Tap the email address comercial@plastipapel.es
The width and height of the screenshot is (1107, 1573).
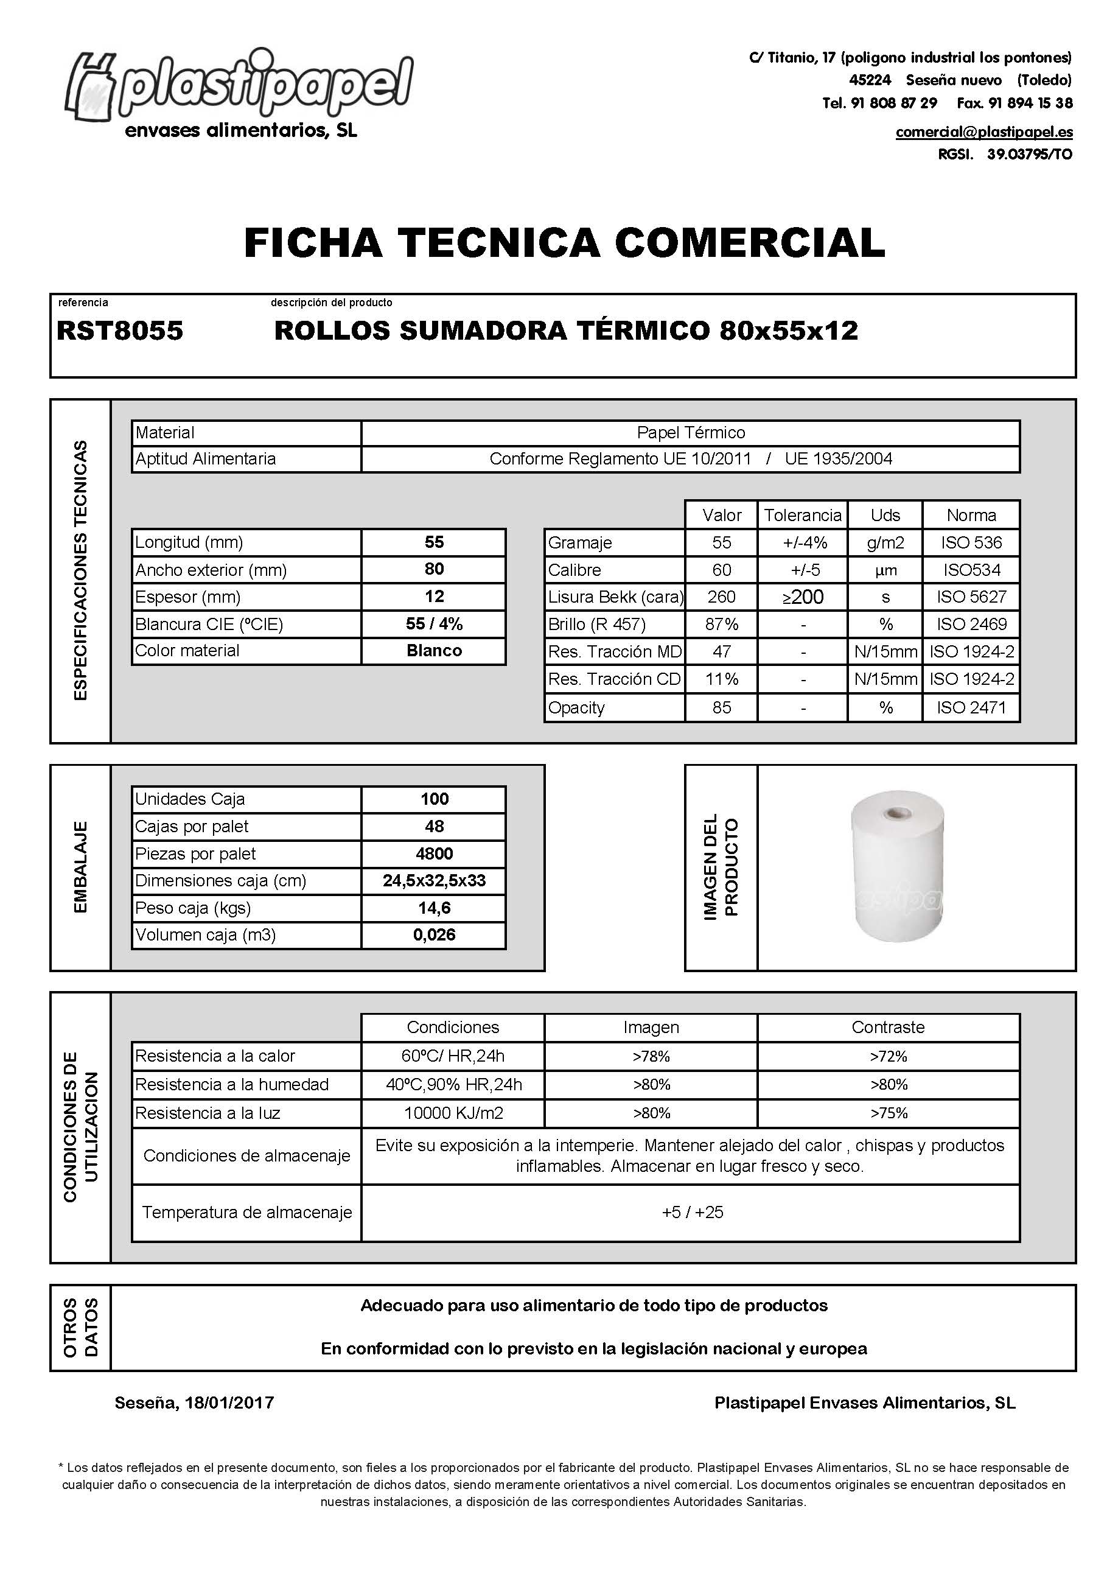pos(983,131)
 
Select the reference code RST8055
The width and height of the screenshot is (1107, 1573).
pos(120,331)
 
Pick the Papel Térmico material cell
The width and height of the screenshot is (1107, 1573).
pos(691,432)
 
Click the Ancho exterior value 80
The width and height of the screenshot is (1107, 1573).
pos(434,569)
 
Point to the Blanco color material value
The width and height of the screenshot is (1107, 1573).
pos(434,650)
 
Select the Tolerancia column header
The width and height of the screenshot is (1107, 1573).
pos(802,515)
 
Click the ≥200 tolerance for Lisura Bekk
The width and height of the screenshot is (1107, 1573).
pos(802,597)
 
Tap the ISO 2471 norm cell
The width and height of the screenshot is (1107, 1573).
pos(971,708)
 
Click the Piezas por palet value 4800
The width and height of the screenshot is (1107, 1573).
pos(434,853)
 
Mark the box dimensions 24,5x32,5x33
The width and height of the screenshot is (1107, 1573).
pos(434,880)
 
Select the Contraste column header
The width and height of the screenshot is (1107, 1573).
pos(888,1027)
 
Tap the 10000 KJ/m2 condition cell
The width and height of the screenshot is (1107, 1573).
pos(453,1113)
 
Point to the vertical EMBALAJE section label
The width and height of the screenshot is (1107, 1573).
pos(80,867)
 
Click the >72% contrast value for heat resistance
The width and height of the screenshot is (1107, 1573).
pos(889,1056)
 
